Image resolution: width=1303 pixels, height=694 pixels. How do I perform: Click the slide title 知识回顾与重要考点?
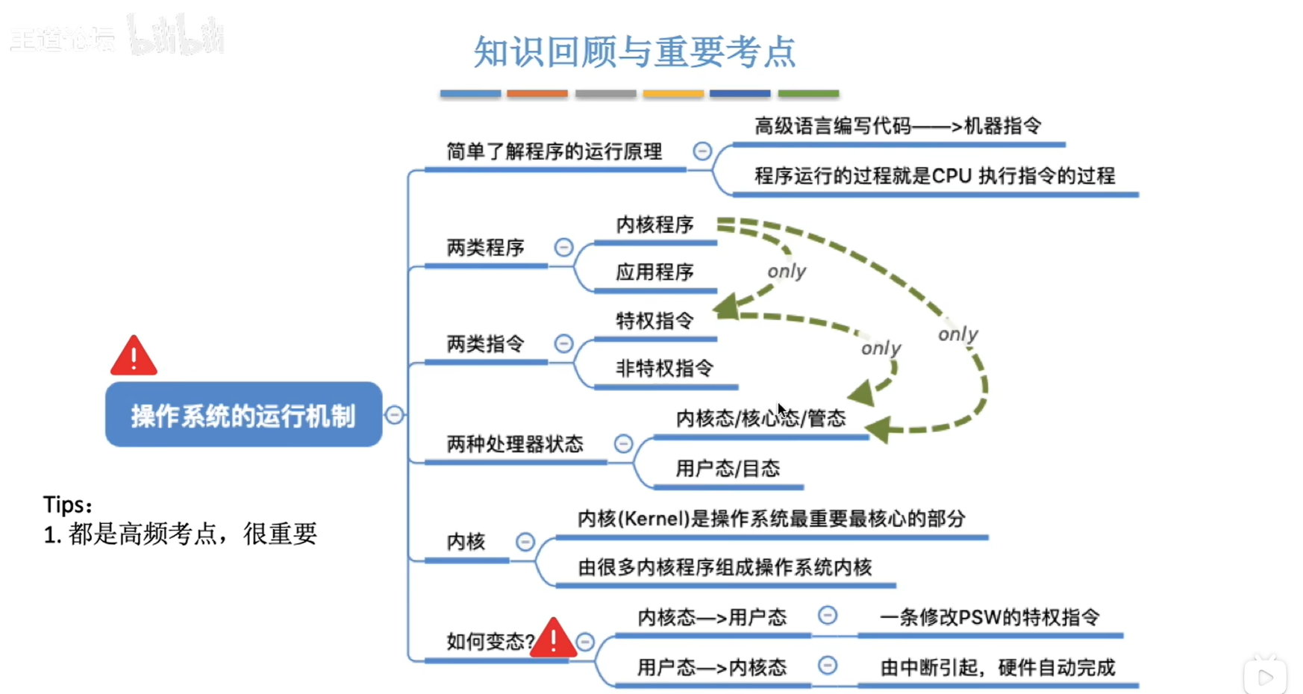tap(634, 52)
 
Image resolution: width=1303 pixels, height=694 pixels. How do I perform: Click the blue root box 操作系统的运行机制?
tap(243, 415)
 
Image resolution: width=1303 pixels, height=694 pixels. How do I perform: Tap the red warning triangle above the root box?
tap(134, 357)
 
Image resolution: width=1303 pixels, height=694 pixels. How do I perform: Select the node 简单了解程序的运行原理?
tap(554, 151)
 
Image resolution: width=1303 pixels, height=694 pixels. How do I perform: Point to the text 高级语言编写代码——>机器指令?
tap(897, 125)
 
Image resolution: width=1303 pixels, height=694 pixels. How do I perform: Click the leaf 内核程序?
tap(654, 224)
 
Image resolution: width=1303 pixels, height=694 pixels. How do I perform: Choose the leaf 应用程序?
tap(654, 272)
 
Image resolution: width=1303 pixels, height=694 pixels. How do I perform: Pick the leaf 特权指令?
tap(654, 321)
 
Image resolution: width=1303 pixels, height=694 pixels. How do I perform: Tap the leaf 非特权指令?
tap(664, 368)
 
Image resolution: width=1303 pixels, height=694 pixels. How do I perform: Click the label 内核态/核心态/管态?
tap(760, 418)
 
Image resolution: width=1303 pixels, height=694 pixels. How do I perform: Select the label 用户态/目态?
tap(728, 468)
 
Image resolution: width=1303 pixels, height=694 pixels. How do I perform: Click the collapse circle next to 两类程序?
tap(563, 247)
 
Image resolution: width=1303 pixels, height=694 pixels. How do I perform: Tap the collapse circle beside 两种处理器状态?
tap(623, 444)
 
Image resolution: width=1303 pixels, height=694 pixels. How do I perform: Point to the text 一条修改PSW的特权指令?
tap(990, 617)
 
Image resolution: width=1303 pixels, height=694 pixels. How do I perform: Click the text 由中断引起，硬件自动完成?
tap(997, 666)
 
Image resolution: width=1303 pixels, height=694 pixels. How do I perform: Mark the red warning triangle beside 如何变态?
tap(553, 639)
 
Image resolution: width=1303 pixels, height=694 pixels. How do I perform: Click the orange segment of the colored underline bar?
tap(537, 93)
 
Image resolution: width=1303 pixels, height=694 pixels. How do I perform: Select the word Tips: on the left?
tap(67, 505)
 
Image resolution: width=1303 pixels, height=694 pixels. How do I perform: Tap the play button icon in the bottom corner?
tap(1265, 676)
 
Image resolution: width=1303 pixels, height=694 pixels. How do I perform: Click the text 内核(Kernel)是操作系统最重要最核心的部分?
tap(771, 518)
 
